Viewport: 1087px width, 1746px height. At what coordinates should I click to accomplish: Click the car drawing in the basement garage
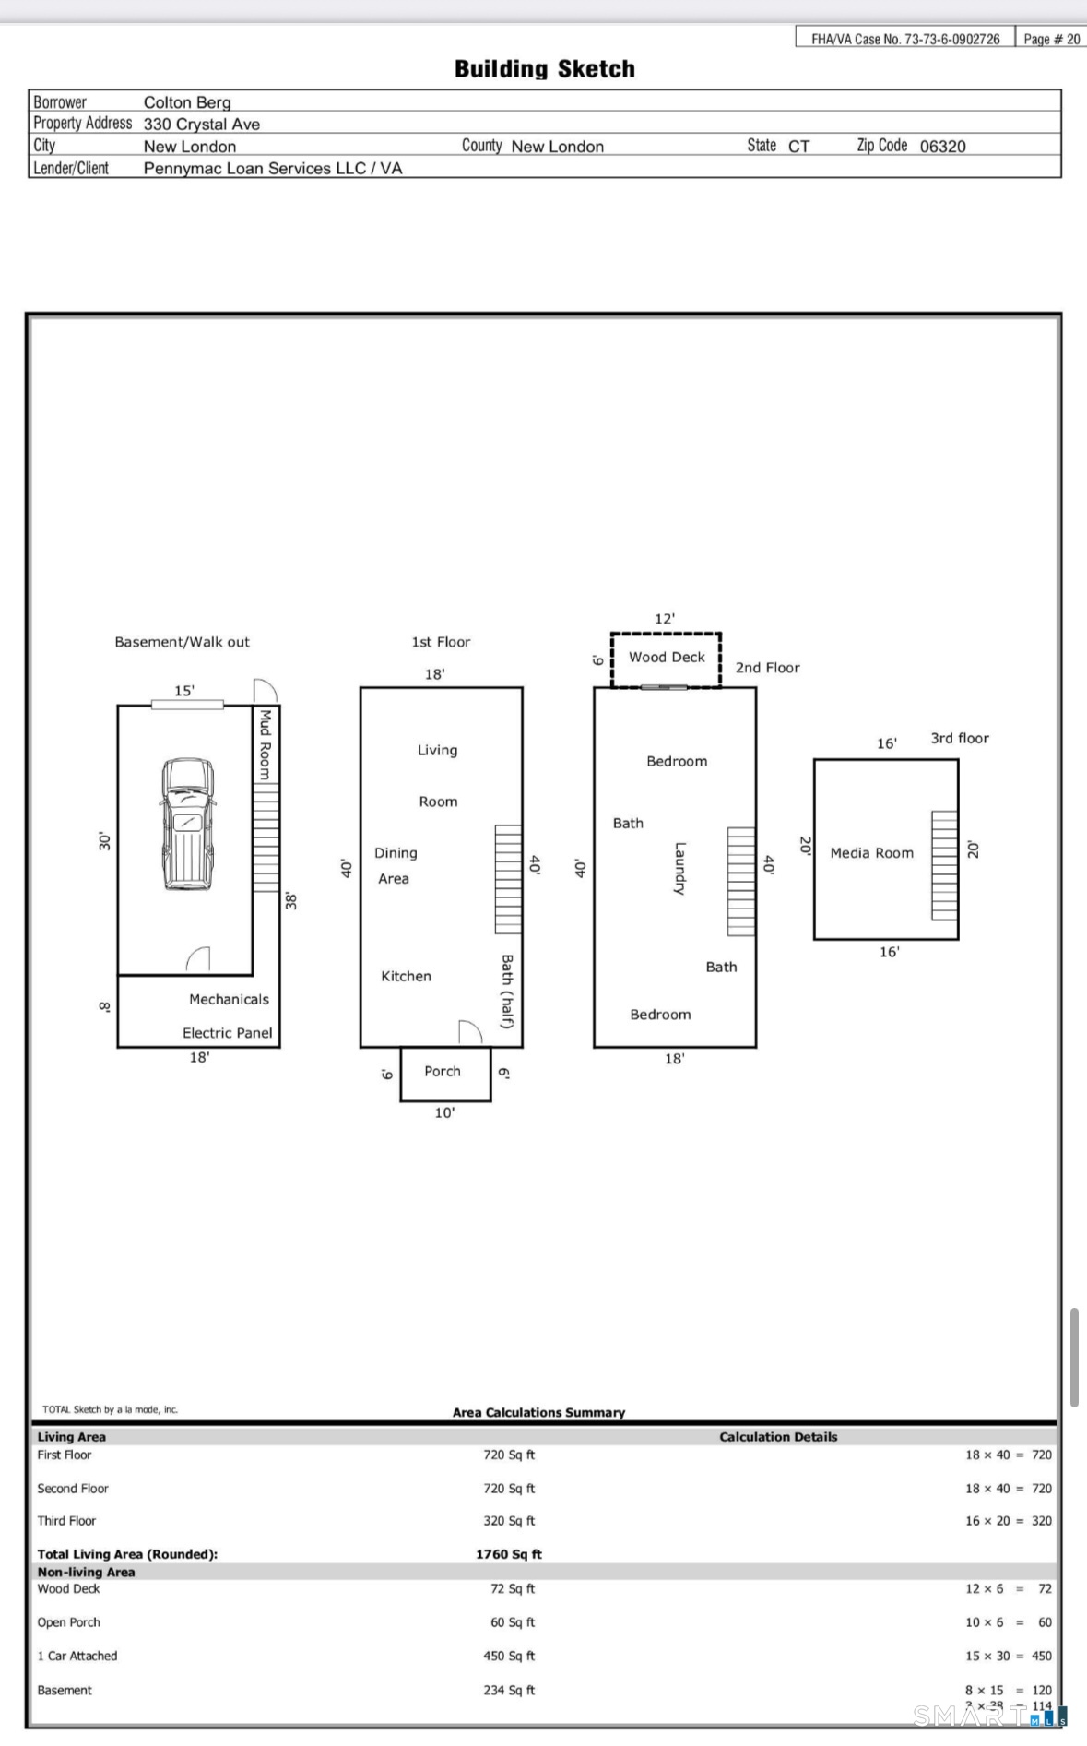(188, 824)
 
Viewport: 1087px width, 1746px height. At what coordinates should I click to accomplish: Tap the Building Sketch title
(544, 69)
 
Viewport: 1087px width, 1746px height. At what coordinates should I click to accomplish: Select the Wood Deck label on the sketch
(667, 658)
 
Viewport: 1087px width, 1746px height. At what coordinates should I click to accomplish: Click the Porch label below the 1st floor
(443, 1072)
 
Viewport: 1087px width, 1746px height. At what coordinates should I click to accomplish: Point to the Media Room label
(871, 853)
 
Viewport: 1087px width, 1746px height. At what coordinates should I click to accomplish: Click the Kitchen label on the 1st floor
(406, 977)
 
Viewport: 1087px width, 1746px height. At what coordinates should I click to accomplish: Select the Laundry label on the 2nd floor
(679, 868)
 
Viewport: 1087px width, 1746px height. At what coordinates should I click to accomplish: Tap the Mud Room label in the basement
(266, 744)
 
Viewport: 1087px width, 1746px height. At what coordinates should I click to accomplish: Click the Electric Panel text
(227, 1033)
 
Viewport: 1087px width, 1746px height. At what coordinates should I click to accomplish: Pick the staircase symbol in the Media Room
(944, 865)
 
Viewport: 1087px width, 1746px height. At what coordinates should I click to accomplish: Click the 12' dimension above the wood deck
(665, 619)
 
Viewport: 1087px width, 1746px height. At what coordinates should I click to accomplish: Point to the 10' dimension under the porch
(444, 1113)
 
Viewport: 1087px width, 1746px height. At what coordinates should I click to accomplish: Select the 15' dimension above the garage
(184, 691)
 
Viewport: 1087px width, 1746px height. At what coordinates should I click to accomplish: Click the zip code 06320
(942, 147)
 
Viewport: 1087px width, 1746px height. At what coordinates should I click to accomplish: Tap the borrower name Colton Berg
(187, 102)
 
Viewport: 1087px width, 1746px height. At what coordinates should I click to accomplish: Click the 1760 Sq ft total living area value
(508, 1554)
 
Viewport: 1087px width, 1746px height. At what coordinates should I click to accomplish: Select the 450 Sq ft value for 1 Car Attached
(508, 1656)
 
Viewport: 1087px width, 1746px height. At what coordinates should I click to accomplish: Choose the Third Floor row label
(66, 1521)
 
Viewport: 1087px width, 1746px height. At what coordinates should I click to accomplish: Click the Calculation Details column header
(778, 1437)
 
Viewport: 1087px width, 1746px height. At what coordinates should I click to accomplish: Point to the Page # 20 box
(1051, 39)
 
